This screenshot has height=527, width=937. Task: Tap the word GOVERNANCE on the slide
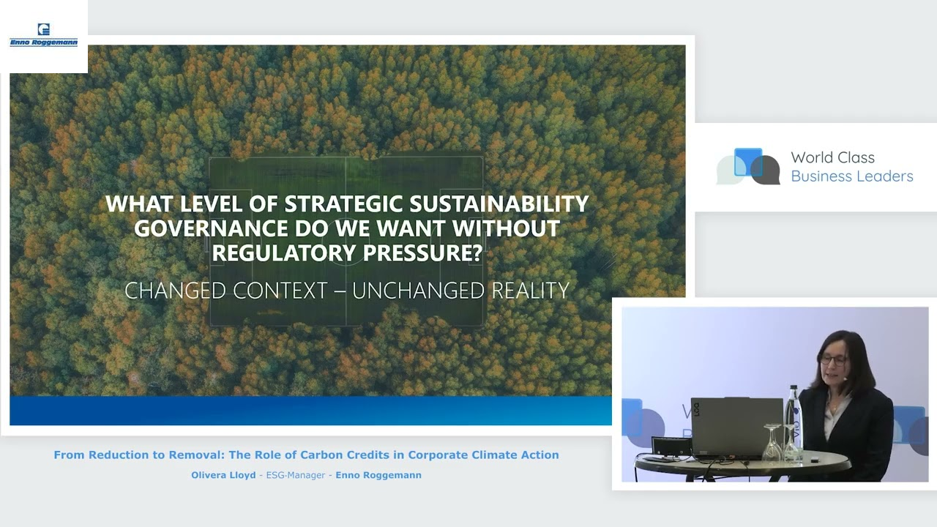tap(211, 228)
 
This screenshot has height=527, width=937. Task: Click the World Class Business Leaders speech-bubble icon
tap(748, 167)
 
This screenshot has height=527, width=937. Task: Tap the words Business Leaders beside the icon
tap(851, 176)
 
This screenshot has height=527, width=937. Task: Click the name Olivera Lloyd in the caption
tap(223, 475)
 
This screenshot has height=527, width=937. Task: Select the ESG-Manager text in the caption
tap(295, 475)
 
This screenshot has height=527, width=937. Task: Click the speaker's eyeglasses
tap(834, 359)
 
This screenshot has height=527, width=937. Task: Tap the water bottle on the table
tap(793, 421)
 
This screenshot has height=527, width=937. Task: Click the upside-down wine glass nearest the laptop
tap(772, 444)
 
